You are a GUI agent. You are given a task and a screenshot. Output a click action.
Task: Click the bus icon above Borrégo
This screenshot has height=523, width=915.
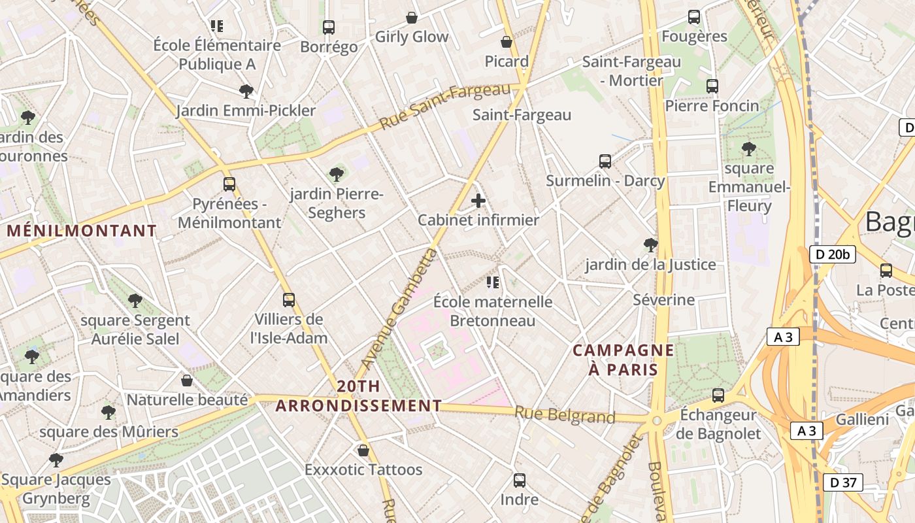[x=329, y=27]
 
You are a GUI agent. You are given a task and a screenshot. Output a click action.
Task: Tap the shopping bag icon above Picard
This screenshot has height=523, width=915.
[x=507, y=42]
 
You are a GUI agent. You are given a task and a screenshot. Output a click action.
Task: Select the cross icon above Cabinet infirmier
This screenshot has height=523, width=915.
[x=478, y=201]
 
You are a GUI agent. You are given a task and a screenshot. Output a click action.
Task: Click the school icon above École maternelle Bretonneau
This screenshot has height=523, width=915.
[x=493, y=282]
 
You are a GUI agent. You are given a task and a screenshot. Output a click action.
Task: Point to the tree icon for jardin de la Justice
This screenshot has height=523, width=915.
[x=650, y=245]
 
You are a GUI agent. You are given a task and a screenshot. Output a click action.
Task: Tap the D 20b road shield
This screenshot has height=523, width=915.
[x=832, y=254]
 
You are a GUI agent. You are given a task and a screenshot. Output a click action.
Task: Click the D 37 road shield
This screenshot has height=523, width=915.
[x=842, y=482]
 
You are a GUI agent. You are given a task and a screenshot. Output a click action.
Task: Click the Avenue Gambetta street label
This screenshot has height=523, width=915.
[x=399, y=307]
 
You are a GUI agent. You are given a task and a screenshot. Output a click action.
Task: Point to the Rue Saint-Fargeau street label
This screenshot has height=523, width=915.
[x=444, y=105]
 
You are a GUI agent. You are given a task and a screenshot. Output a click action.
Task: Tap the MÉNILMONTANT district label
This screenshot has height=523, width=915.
[x=82, y=231]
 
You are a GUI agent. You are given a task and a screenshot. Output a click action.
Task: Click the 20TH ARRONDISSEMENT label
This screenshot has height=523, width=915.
[x=358, y=396]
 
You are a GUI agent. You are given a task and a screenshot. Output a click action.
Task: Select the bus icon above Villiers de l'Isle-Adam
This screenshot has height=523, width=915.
[x=289, y=300]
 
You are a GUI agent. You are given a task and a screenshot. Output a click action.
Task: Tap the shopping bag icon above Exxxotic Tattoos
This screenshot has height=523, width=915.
[x=363, y=450]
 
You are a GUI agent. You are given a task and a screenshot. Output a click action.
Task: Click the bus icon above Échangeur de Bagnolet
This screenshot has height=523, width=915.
[x=718, y=395]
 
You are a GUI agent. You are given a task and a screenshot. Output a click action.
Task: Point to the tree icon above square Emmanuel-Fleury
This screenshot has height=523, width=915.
[x=749, y=149]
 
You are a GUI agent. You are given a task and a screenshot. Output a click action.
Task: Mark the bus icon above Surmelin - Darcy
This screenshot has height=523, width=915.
[x=605, y=161]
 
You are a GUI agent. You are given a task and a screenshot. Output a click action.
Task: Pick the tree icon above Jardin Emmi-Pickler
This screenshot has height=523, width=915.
[x=246, y=91]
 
